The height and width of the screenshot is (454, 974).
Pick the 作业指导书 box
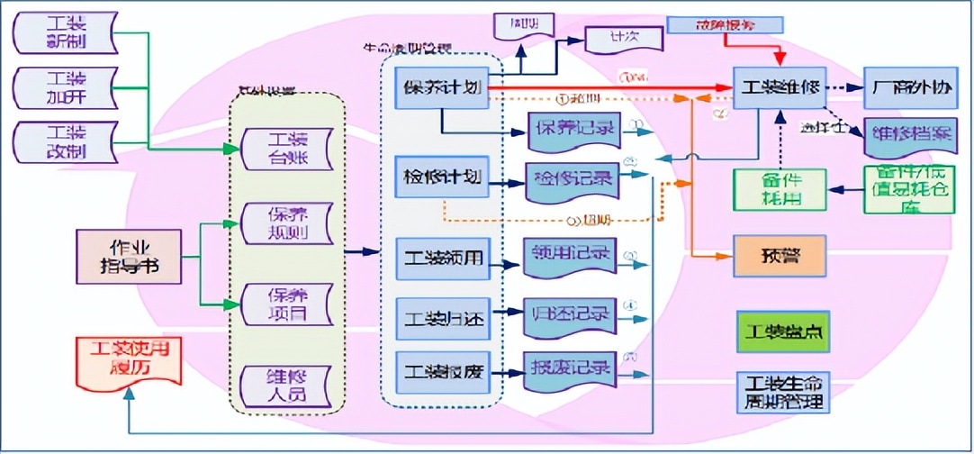[x=130, y=257]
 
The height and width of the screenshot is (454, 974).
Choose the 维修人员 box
[x=287, y=382]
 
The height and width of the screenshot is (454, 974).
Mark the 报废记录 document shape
[x=571, y=368]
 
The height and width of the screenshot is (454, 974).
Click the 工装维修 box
[x=780, y=88]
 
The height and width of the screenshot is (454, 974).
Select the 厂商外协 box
[x=907, y=88]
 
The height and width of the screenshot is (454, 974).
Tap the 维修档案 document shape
[x=907, y=136]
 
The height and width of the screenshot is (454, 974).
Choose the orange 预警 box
[x=780, y=256]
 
